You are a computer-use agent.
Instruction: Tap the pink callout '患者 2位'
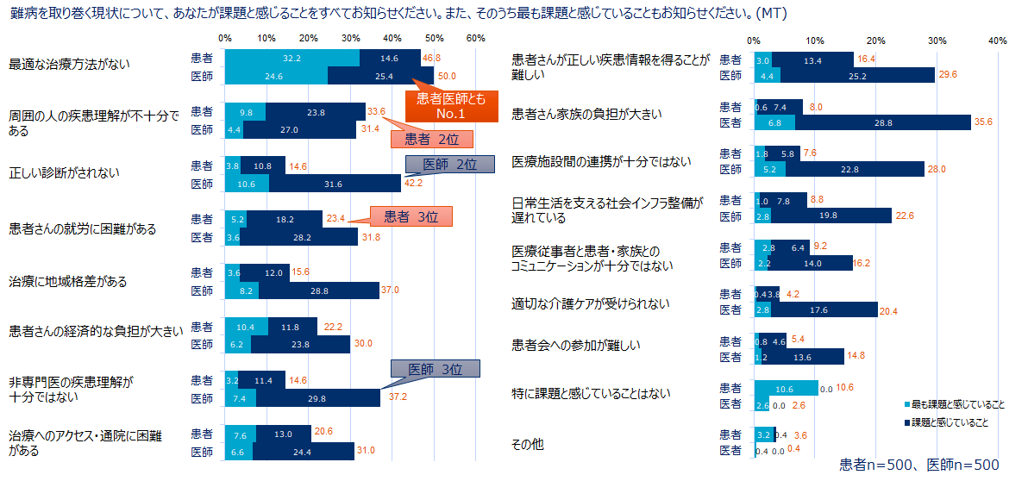click(431, 139)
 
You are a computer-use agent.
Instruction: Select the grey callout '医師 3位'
click(436, 369)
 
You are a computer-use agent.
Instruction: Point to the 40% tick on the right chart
click(998, 40)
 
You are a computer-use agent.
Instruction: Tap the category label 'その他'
click(528, 444)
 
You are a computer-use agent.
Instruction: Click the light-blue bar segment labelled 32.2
click(291, 58)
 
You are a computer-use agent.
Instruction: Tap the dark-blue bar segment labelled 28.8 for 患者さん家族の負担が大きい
click(882, 122)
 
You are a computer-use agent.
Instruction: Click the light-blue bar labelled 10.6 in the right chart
click(786, 388)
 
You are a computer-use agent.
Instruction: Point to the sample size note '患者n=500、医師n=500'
click(919, 465)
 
